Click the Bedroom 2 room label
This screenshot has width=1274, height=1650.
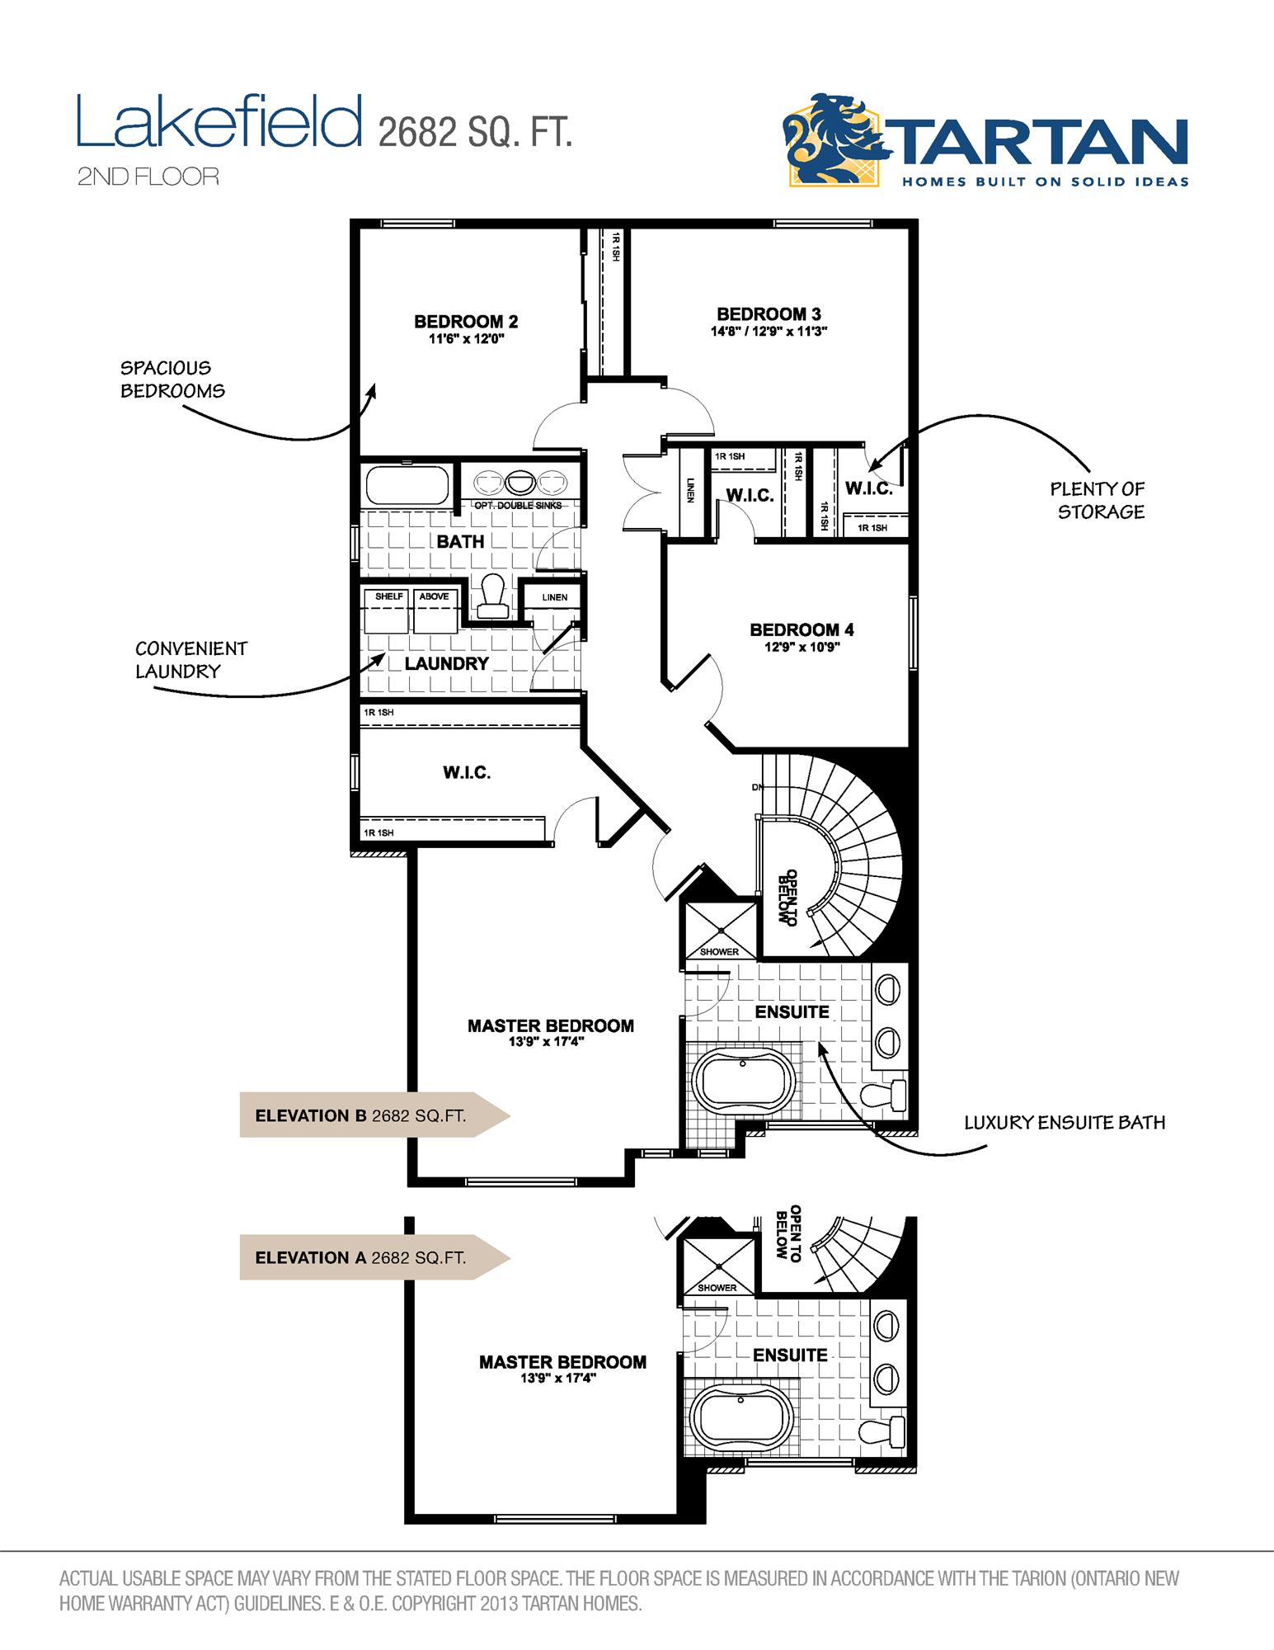pyautogui.click(x=466, y=322)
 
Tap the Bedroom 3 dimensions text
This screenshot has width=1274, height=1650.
pyautogui.click(x=769, y=332)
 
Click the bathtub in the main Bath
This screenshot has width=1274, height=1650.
pyautogui.click(x=407, y=485)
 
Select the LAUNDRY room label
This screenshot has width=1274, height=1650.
pyautogui.click(x=446, y=663)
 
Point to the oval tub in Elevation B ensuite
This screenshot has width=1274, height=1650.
pyautogui.click(x=745, y=1082)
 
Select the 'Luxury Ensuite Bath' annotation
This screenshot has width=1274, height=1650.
pyautogui.click(x=1065, y=1122)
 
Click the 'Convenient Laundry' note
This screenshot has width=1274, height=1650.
pyautogui.click(x=190, y=660)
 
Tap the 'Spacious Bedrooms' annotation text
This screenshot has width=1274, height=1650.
pyautogui.click(x=172, y=379)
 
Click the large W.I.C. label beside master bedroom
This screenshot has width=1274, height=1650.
pyautogui.click(x=467, y=773)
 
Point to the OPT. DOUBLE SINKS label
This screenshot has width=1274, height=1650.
pyautogui.click(x=517, y=505)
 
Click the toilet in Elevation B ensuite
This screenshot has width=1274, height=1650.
pyautogui.click(x=884, y=1094)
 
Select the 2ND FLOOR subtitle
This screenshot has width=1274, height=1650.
pyautogui.click(x=148, y=177)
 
